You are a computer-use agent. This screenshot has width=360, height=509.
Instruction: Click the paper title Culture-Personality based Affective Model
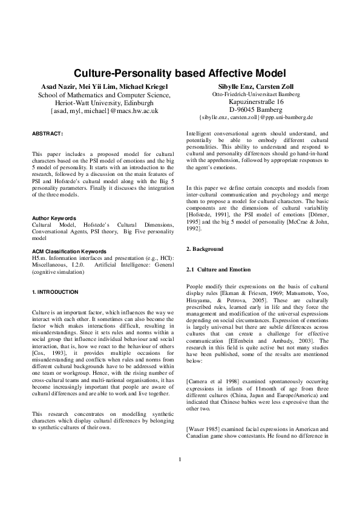[180, 74]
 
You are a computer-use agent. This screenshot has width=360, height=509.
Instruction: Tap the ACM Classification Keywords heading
[69, 251]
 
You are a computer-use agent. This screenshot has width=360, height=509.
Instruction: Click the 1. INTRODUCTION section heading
[55, 292]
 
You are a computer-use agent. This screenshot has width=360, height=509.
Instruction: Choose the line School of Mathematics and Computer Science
[104, 96]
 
